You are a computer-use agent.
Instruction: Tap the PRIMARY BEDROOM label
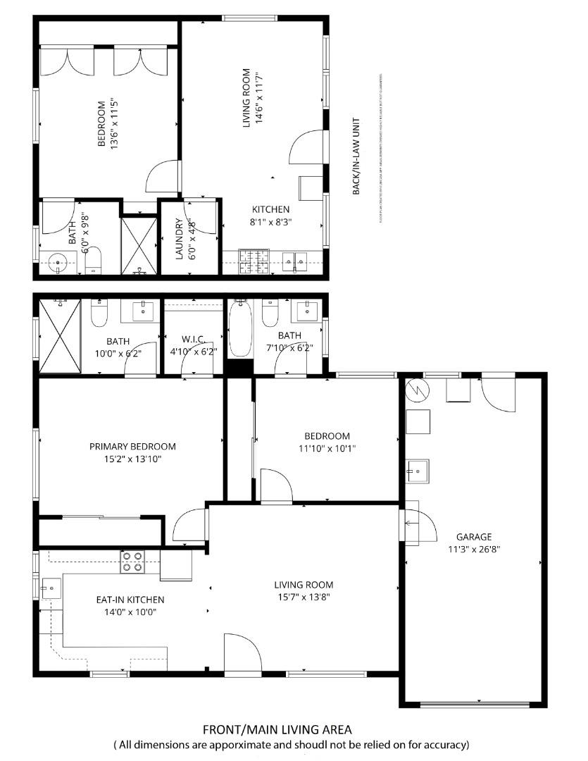point(132,446)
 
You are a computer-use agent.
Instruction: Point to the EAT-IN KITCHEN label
point(130,600)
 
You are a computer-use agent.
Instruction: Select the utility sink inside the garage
point(418,469)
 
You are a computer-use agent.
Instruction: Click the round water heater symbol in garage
point(416,389)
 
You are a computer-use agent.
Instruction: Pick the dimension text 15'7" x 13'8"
point(303,597)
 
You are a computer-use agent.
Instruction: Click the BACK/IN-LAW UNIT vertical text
point(356,156)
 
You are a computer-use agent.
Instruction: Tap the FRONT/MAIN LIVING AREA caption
point(277,729)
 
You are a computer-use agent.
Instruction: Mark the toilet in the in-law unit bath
point(94,260)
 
